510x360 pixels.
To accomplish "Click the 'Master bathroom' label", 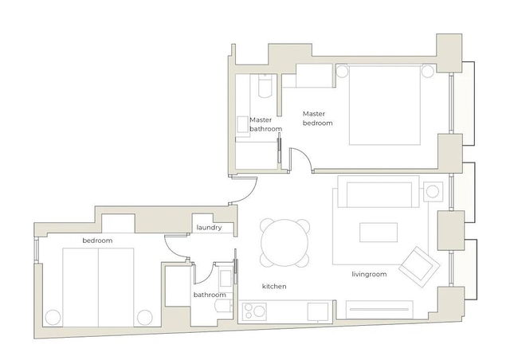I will coord(265,123).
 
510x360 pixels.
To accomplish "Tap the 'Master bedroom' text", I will coord(317,119).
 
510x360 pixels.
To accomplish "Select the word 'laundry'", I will coord(209,229).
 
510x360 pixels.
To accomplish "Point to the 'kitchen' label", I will coord(274,286).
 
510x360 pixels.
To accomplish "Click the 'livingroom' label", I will coord(369,275).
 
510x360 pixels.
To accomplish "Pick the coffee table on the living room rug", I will coord(378,233).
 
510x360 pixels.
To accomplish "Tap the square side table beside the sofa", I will coord(433,192).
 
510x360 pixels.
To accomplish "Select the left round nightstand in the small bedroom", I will coord(53,317).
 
